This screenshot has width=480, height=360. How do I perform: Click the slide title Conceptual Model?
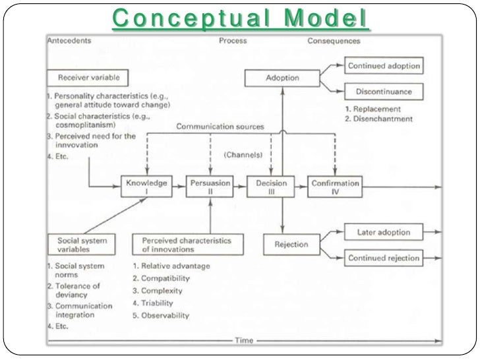coord(240,18)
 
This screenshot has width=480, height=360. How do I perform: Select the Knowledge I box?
coord(146,187)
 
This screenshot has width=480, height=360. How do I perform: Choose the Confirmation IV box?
coord(334,187)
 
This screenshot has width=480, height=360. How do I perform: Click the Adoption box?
coord(282,78)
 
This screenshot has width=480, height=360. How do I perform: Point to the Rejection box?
coord(291,245)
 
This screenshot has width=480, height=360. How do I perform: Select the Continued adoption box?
coord(383,66)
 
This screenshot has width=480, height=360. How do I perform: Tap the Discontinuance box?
coord(383,91)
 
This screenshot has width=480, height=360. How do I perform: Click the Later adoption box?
coord(383,232)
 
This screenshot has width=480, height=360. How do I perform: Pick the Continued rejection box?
coord(383,258)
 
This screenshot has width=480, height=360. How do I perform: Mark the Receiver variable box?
coord(88,77)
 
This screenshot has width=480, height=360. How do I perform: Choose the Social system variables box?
coord(82,245)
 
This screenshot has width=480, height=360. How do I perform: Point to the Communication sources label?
coord(220,127)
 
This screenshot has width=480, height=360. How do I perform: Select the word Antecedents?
coord(69,41)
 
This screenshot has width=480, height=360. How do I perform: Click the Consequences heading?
coord(334,41)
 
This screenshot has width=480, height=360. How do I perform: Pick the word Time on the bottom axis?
coord(244,340)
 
